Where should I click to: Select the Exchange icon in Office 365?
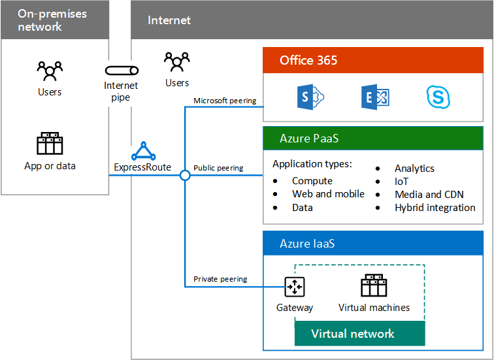coord(374,98)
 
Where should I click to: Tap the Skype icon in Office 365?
coord(440,98)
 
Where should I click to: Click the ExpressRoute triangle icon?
coord(143,152)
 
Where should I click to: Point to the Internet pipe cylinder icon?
coord(122,70)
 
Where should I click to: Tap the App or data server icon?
coord(50,144)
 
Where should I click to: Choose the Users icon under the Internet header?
coord(176,62)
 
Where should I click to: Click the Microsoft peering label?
coord(225,101)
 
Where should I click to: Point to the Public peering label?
coord(218,168)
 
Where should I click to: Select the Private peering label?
coord(220,279)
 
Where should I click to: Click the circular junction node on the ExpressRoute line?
coord(185,175)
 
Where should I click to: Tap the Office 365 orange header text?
coord(308,60)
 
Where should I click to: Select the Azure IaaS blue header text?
coord(307,244)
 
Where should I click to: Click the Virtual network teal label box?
coord(353,333)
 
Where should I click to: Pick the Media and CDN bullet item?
coord(427,194)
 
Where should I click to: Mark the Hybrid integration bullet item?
coord(435,207)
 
